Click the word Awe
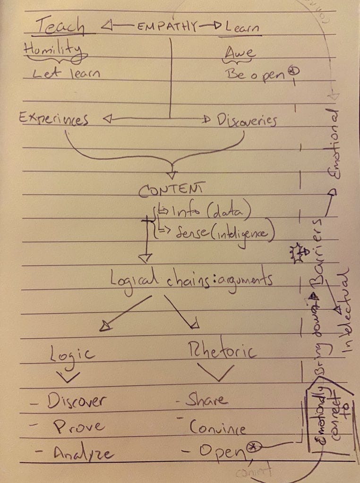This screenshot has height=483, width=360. pyautogui.click(x=239, y=52)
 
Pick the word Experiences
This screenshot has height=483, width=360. pyautogui.click(x=54, y=119)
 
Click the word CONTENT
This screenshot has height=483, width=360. pyautogui.click(x=170, y=190)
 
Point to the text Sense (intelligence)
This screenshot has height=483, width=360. pyautogui.click(x=218, y=232)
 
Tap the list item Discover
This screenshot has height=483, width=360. pyautogui.click(x=76, y=402)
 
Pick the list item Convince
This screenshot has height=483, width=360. pyautogui.click(x=217, y=427)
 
